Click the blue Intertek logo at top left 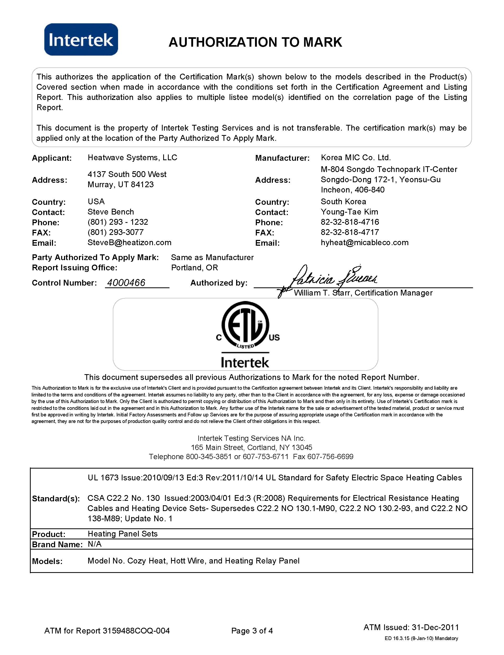tap(81, 40)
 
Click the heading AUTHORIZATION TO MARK tap(255, 42)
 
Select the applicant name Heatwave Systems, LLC tap(132, 158)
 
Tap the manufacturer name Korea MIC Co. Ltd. tap(356, 158)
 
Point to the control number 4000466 tap(126, 283)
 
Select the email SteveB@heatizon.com tap(129, 243)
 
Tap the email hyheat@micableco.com tap(364, 243)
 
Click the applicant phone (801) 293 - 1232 tap(118, 222)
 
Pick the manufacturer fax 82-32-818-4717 tap(350, 232)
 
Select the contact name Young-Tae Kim tap(349, 212)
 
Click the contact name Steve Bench tap(111, 212)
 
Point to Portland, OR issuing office tap(194, 268)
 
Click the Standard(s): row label tap(56, 499)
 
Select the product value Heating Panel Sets tap(123, 534)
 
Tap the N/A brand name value tap(94, 544)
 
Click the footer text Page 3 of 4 tap(252, 631)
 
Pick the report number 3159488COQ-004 tap(136, 631)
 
